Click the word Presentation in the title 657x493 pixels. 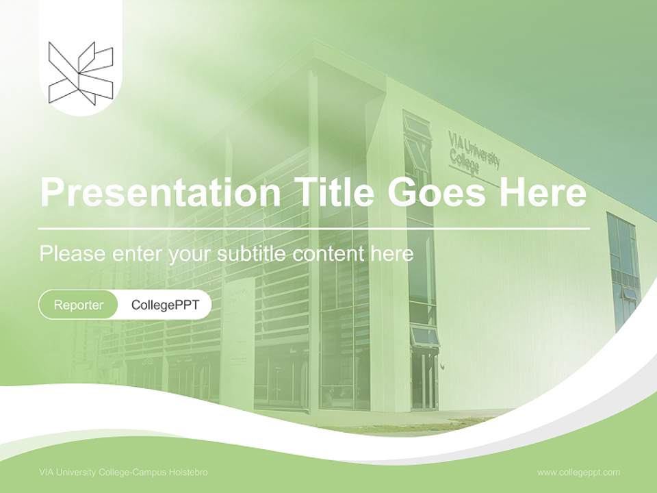160,192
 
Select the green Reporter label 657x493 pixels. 79,305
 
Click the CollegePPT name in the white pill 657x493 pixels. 164,305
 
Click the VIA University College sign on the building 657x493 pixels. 473,153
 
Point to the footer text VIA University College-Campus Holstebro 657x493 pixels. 123,472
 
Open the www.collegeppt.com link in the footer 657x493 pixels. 578,472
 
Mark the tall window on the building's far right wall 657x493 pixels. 623,270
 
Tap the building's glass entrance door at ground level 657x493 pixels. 424,380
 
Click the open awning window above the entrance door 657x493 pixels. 424,336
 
